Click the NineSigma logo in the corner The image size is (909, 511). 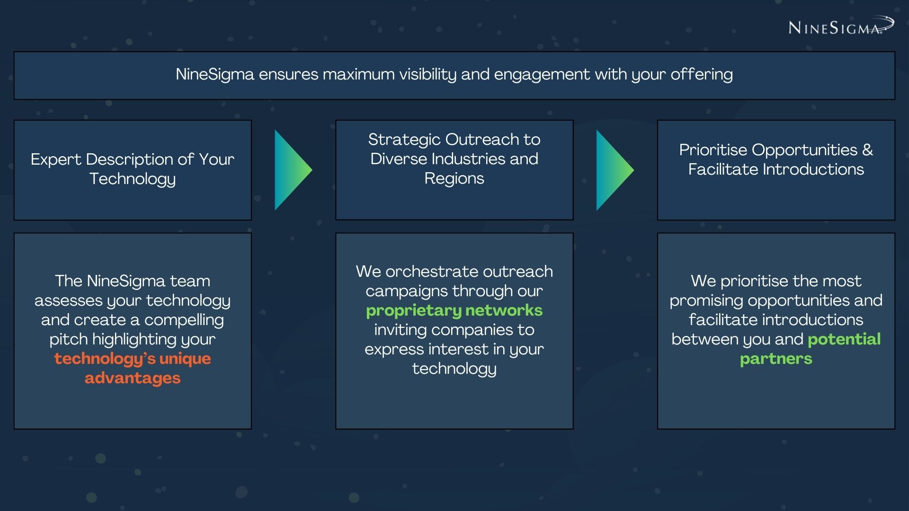[841, 26]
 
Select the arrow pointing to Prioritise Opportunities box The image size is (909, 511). [615, 170]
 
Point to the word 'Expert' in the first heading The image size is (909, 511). [56, 160]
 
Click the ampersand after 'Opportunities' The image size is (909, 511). [867, 150]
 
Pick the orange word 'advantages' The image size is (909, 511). [133, 378]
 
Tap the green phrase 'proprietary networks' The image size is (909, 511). [454, 311]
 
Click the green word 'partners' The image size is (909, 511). [776, 359]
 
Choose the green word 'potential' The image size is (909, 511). [844, 339]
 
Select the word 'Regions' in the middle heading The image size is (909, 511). [454, 179]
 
